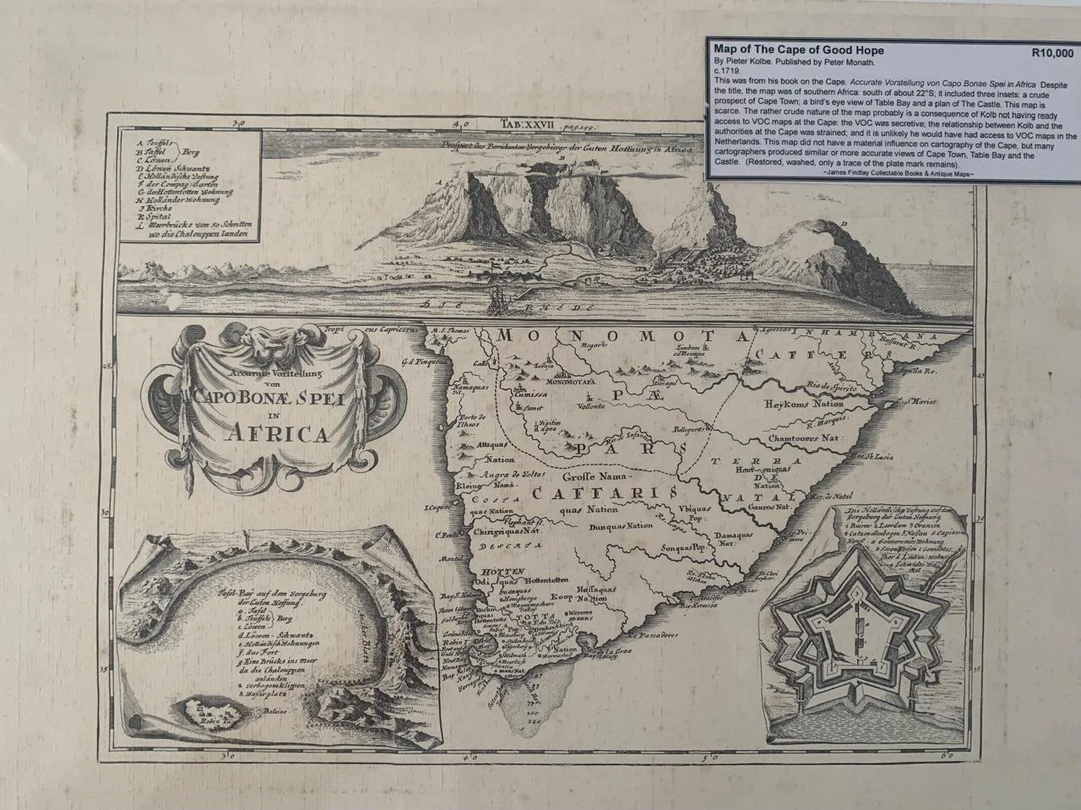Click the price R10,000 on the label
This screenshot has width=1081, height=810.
click(x=1052, y=52)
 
